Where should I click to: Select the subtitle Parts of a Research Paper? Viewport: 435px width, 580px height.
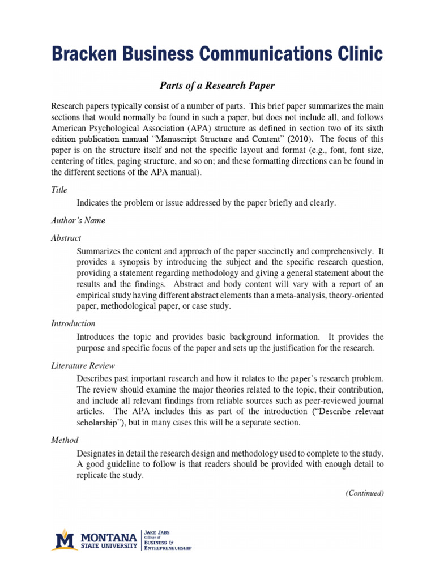217,86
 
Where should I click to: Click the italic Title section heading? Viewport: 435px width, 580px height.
59,190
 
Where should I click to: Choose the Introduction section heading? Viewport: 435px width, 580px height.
73,323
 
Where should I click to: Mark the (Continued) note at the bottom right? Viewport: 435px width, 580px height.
365,493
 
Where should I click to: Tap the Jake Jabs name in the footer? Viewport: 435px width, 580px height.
157,533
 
